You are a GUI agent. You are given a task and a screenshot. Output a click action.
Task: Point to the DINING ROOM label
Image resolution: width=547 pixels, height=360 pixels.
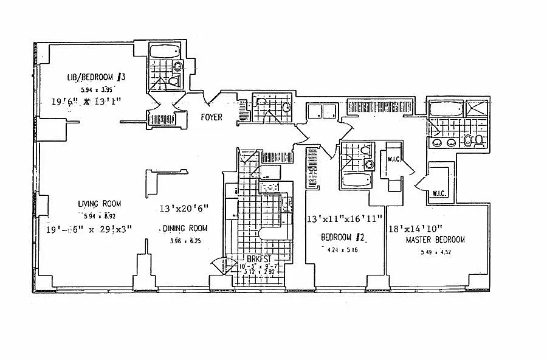pyautogui.click(x=185, y=229)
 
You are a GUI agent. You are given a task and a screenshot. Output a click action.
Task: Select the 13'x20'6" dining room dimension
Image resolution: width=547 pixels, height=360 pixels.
pyautogui.click(x=184, y=209)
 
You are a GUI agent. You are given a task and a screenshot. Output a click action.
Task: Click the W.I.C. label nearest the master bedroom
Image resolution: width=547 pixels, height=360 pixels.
pyautogui.click(x=439, y=194)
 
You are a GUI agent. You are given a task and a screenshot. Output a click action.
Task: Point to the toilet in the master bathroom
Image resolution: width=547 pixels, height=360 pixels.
pyautogui.click(x=480, y=142)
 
